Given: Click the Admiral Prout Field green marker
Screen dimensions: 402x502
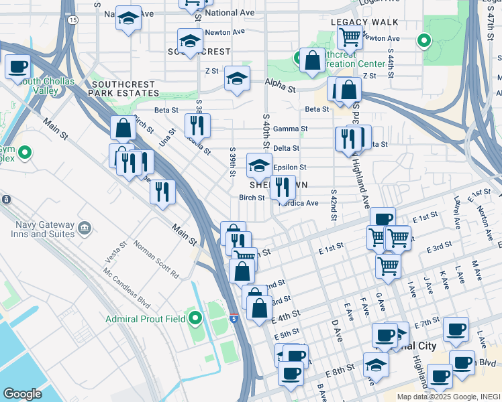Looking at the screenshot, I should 195,318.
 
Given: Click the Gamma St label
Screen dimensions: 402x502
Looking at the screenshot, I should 295,129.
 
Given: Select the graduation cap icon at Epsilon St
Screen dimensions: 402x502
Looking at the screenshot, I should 259,165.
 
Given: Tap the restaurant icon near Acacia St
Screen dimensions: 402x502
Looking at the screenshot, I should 197,125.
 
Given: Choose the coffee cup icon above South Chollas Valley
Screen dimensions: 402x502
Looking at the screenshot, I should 17,66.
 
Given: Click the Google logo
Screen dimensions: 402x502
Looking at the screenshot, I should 22,394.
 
